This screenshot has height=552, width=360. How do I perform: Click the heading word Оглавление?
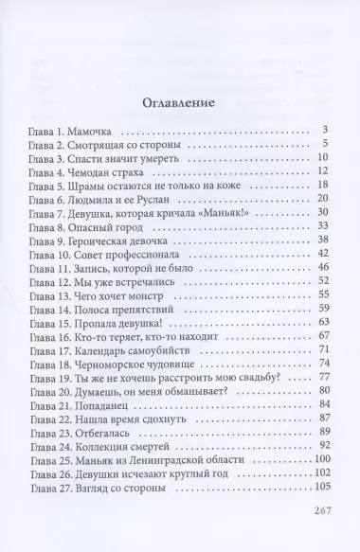coord(179,102)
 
